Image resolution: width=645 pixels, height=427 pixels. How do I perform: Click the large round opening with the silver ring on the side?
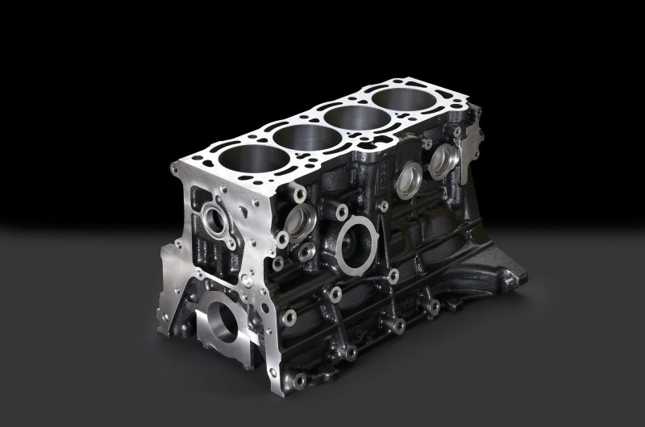(356, 243)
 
